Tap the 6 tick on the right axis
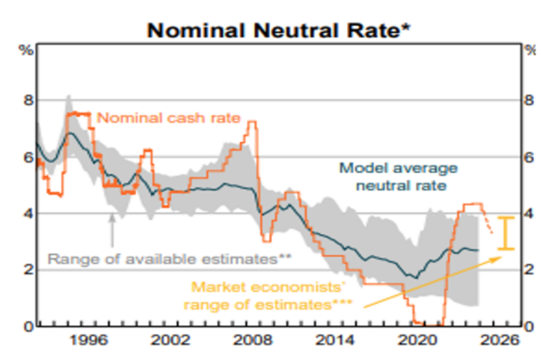[530, 157]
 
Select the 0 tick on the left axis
[27, 326]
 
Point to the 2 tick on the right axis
[530, 270]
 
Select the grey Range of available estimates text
[169, 258]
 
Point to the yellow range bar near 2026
[510, 233]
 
